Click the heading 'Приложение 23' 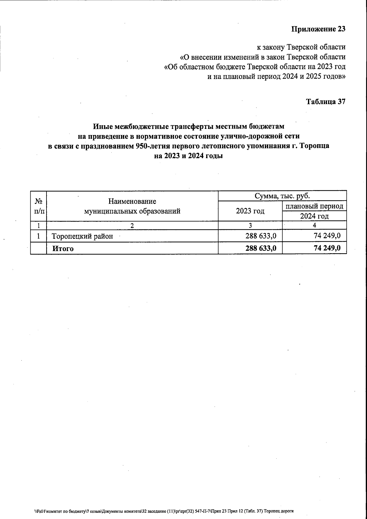(x=318, y=29)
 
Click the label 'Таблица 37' (x=326, y=102)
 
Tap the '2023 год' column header (x=250, y=211)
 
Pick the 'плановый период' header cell (x=314, y=206)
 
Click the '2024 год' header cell (x=314, y=216)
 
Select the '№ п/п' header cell (x=38, y=206)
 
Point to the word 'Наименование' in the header (x=132, y=201)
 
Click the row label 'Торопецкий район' (x=82, y=236)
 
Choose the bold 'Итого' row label (x=63, y=249)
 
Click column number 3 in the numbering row (x=250, y=226)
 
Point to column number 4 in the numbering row (x=314, y=225)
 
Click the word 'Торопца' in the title (x=315, y=146)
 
